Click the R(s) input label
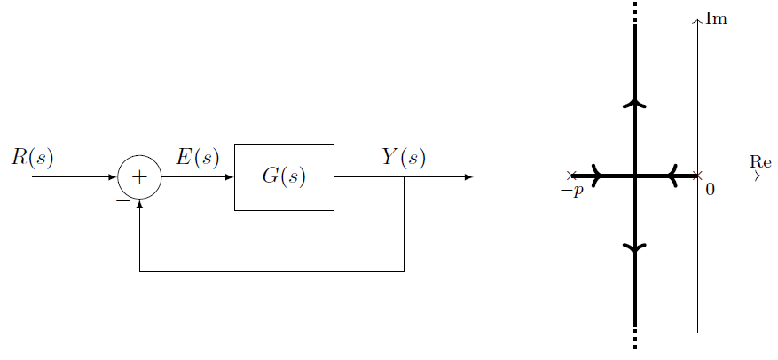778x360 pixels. coord(33,158)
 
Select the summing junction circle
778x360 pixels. coord(139,176)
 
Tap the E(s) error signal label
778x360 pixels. coord(197,158)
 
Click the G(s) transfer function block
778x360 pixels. coord(284,176)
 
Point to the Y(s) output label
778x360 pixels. coord(404,158)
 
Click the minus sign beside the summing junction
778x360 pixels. coord(122,200)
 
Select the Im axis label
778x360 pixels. coord(716,18)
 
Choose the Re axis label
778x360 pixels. coord(760,161)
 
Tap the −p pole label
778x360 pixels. coord(572,191)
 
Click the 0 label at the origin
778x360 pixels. coord(710,190)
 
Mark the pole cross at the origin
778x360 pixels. coord(699,176)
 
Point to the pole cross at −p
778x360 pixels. coord(572,176)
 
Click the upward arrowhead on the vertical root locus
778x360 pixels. coord(635,104)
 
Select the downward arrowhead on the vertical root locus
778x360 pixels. coord(635,249)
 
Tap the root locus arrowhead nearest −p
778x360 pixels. coord(597,176)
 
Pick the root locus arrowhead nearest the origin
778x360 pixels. coord(673,176)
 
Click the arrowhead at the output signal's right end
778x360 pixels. coord(468,176)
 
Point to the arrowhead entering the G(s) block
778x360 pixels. coord(229,176)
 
